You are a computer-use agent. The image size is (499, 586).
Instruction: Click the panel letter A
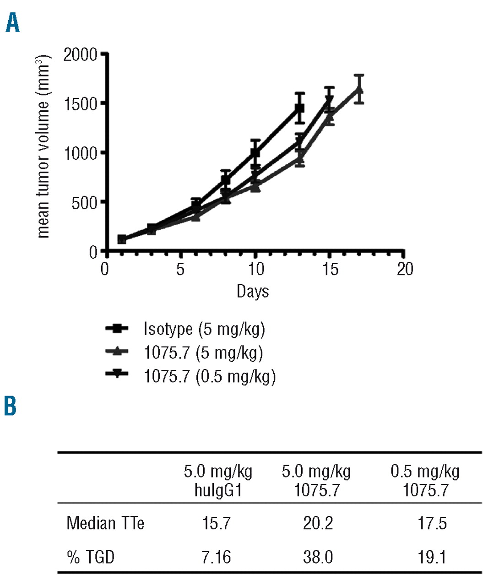(x=13, y=23)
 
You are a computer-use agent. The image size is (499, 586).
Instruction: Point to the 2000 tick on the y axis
(x=81, y=55)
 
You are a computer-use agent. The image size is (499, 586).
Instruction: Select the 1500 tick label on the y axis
(x=81, y=104)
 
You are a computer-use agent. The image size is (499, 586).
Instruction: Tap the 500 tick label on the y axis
(x=85, y=203)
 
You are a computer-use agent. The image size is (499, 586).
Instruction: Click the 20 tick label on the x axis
(x=405, y=269)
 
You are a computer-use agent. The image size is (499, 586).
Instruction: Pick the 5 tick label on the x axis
(x=180, y=269)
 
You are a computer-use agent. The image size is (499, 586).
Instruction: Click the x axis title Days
(x=253, y=291)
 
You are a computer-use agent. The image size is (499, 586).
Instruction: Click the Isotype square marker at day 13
(x=299, y=109)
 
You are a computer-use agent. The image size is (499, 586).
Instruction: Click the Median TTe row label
(x=105, y=523)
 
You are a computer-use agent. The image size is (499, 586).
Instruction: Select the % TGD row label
(x=91, y=557)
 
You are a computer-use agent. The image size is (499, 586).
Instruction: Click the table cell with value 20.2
(x=318, y=523)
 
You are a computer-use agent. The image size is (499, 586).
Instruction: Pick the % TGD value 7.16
(x=217, y=557)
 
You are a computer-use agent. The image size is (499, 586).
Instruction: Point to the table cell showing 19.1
(x=432, y=557)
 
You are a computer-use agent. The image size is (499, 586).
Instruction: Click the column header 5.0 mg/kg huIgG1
(x=218, y=481)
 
